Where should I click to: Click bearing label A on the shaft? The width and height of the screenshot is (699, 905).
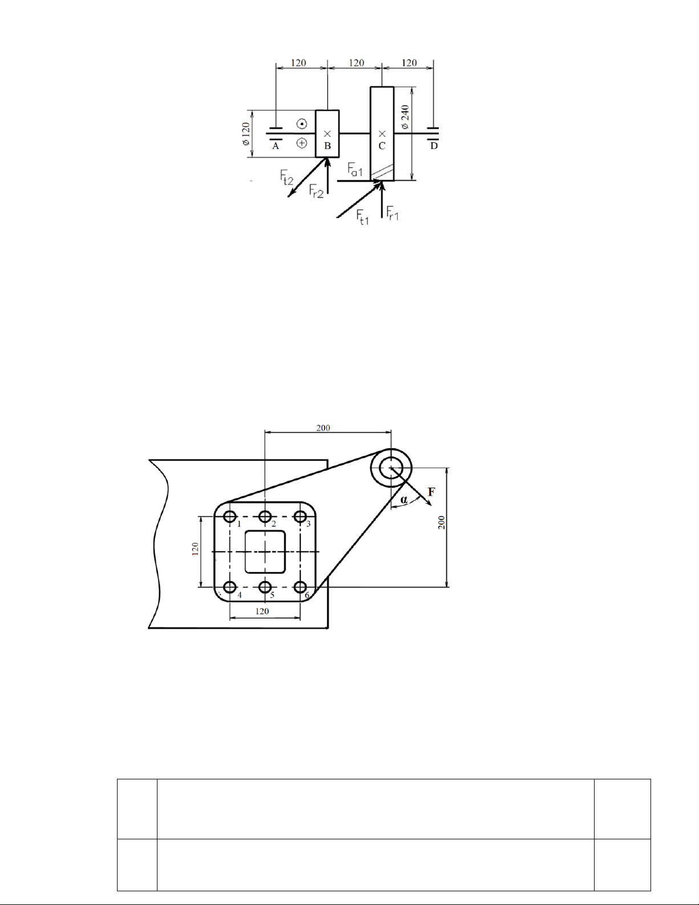tap(276, 146)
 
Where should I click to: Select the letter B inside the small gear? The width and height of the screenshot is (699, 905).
tap(328, 146)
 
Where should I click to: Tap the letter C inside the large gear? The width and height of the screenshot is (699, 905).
tap(382, 146)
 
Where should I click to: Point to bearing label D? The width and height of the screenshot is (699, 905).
tap(434, 146)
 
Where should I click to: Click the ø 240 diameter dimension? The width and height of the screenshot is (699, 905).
tap(405, 117)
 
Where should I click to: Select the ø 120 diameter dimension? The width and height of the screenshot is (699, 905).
tap(245, 134)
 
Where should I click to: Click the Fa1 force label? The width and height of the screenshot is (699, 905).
tap(355, 170)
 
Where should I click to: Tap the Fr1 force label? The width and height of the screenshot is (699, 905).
tap(393, 213)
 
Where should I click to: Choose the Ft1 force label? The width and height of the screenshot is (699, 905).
tap(362, 217)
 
